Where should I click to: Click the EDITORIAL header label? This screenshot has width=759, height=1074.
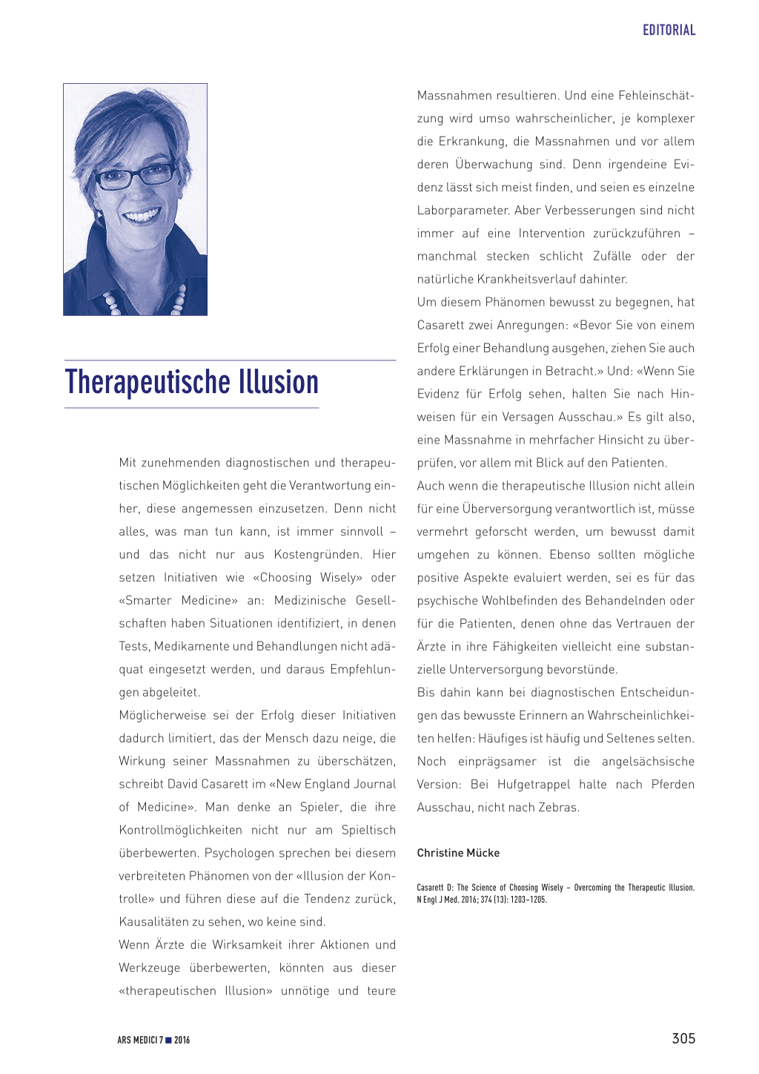669,30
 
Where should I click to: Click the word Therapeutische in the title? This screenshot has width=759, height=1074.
148,382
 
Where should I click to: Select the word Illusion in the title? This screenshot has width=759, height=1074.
279,382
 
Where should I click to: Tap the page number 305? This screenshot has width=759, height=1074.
683,1038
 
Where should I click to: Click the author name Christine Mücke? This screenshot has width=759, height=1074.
458,853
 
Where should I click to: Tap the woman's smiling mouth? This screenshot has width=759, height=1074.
142,217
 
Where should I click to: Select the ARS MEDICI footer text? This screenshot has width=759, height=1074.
139,1040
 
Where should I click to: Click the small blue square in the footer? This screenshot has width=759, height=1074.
168,1040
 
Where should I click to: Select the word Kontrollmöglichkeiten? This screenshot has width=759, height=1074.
180,830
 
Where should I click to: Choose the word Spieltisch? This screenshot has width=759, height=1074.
368,830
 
